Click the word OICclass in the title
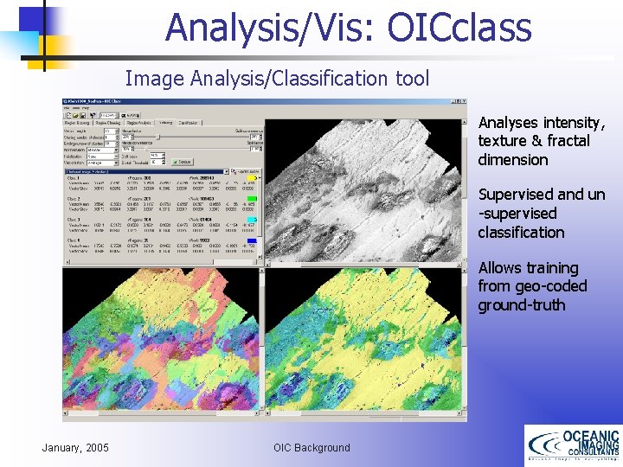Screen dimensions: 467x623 pos(459,27)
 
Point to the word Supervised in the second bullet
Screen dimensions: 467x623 pos(516,195)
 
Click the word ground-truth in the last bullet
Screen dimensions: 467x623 pos(521,305)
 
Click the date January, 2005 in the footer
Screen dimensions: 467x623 pos(75,447)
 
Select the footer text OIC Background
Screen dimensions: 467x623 pos(311,447)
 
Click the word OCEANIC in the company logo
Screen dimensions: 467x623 pos(590,437)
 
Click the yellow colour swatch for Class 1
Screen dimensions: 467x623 pos(252,179)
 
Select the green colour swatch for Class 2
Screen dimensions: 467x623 pos(252,199)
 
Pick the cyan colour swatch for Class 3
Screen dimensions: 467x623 pos(252,220)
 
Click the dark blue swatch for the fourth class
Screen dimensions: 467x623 pos(252,240)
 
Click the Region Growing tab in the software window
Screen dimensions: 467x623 pos(80,123)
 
